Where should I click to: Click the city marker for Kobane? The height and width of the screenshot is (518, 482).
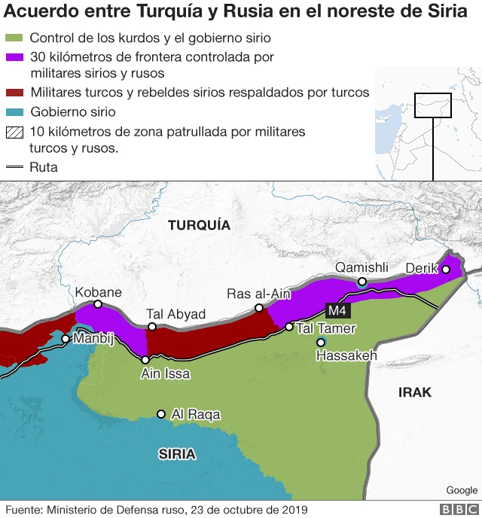[98, 304]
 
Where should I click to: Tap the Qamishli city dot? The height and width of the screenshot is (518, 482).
[362, 282]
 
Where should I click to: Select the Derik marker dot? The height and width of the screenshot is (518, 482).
[445, 269]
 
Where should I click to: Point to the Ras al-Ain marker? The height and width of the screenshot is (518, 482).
[259, 308]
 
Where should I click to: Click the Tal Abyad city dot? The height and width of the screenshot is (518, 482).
[152, 327]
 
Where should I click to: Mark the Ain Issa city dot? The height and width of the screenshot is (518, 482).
[145, 360]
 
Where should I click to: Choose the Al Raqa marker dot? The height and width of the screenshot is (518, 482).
[160, 414]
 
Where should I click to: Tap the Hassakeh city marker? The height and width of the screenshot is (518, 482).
[321, 343]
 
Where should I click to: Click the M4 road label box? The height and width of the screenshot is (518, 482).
[337, 310]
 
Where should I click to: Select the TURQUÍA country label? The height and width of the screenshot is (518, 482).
[199, 225]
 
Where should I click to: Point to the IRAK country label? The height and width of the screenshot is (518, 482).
[415, 392]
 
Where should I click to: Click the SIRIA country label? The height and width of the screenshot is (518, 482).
[177, 453]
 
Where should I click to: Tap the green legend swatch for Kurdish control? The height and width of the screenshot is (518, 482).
[14, 38]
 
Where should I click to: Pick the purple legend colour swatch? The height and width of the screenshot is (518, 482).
[14, 57]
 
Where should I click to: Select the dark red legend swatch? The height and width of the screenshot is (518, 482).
[14, 93]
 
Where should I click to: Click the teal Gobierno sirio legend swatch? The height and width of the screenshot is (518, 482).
[14, 112]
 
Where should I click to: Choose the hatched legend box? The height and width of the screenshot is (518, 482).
[14, 132]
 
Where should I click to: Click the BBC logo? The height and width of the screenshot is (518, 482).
[459, 510]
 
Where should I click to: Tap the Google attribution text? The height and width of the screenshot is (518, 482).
[461, 490]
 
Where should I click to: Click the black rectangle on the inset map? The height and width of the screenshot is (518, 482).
[433, 105]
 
